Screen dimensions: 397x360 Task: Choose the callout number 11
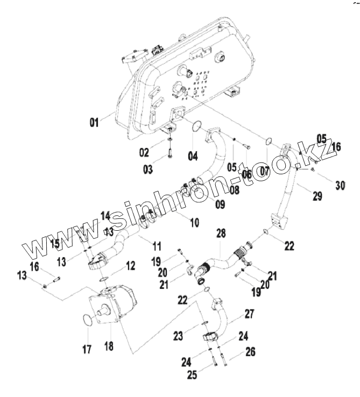[157, 247]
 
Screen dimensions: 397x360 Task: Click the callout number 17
[87, 350]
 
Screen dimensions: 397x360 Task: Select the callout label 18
[109, 345]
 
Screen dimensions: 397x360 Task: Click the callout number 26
[251, 352]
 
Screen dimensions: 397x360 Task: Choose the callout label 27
[249, 314]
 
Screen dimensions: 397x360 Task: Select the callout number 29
[317, 196]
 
